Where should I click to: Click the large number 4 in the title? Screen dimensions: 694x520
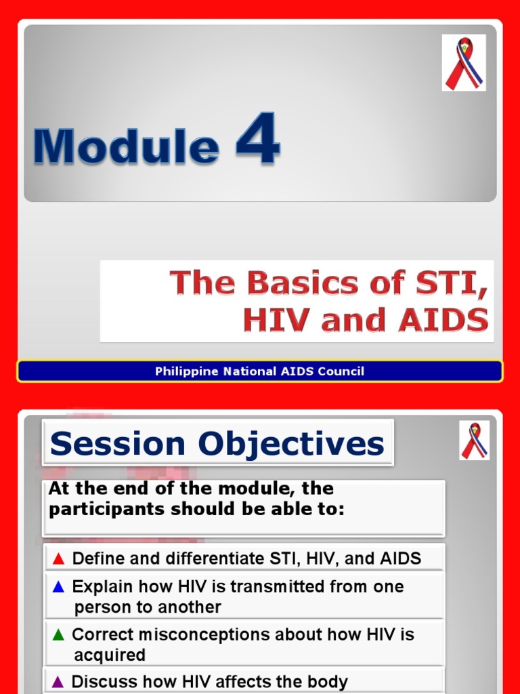pos(258,140)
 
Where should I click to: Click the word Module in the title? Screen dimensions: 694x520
pos(127,146)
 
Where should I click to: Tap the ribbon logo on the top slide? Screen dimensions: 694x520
pos(464,63)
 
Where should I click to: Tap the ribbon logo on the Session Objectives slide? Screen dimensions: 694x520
pos(474,441)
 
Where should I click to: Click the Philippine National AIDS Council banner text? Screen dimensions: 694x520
pos(259,371)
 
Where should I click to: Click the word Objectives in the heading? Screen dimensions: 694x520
pos(291,444)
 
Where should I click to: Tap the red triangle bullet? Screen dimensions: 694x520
pos(58,559)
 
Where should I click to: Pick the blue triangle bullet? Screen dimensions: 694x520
pos(58,587)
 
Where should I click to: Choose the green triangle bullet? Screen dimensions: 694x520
pos(58,635)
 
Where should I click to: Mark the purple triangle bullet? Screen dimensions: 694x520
pos(58,682)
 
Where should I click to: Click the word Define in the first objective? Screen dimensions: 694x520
pos(97,558)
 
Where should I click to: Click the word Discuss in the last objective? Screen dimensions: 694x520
pos(100,682)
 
